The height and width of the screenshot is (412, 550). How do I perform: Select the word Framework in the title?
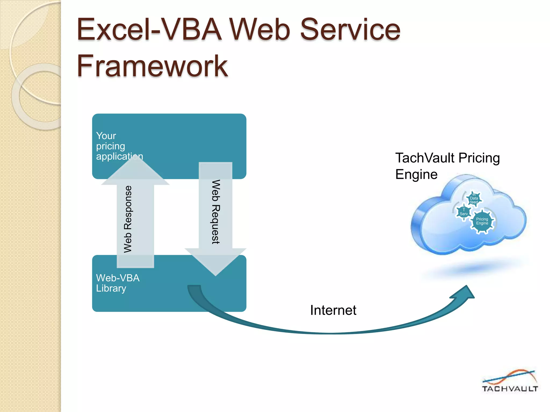pos(152,66)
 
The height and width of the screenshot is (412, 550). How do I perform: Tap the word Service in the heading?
pos(350,30)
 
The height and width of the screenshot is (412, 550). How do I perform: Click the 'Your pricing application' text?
pos(119,146)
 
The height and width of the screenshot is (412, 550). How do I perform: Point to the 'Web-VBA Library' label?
pos(118,283)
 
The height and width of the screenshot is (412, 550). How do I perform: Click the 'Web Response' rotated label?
pos(128,219)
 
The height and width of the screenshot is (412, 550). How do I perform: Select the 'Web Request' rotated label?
pos(216,212)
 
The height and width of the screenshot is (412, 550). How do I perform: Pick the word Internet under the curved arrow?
pos(333,310)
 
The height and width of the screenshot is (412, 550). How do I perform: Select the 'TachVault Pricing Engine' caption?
pos(447,166)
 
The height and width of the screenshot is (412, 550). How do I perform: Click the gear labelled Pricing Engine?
pos(482,221)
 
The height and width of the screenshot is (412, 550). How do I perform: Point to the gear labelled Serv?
pos(464,212)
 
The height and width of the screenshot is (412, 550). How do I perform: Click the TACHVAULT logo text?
pos(510,389)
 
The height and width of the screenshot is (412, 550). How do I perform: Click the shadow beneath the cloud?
pos(475,268)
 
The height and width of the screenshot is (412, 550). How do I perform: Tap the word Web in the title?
pos(260,30)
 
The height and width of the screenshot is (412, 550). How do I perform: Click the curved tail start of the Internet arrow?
pos(194,288)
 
